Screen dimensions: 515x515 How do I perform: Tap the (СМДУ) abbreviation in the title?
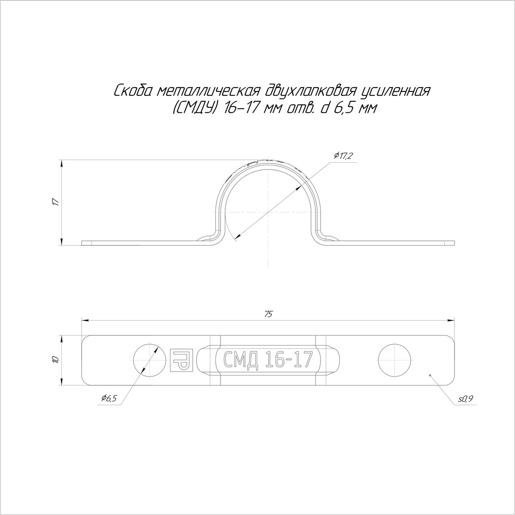pyautogui.click(x=193, y=109)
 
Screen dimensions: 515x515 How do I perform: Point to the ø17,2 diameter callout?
pyautogui.click(x=342, y=155)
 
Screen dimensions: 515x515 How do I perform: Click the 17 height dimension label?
pyautogui.click(x=56, y=202)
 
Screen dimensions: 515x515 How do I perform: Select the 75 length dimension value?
pyautogui.click(x=268, y=314)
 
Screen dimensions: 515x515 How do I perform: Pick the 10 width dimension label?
pyautogui.click(x=56, y=360)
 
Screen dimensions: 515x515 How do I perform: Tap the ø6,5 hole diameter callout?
pyautogui.click(x=109, y=406)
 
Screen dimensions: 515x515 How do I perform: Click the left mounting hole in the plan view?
pyautogui.click(x=149, y=360)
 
